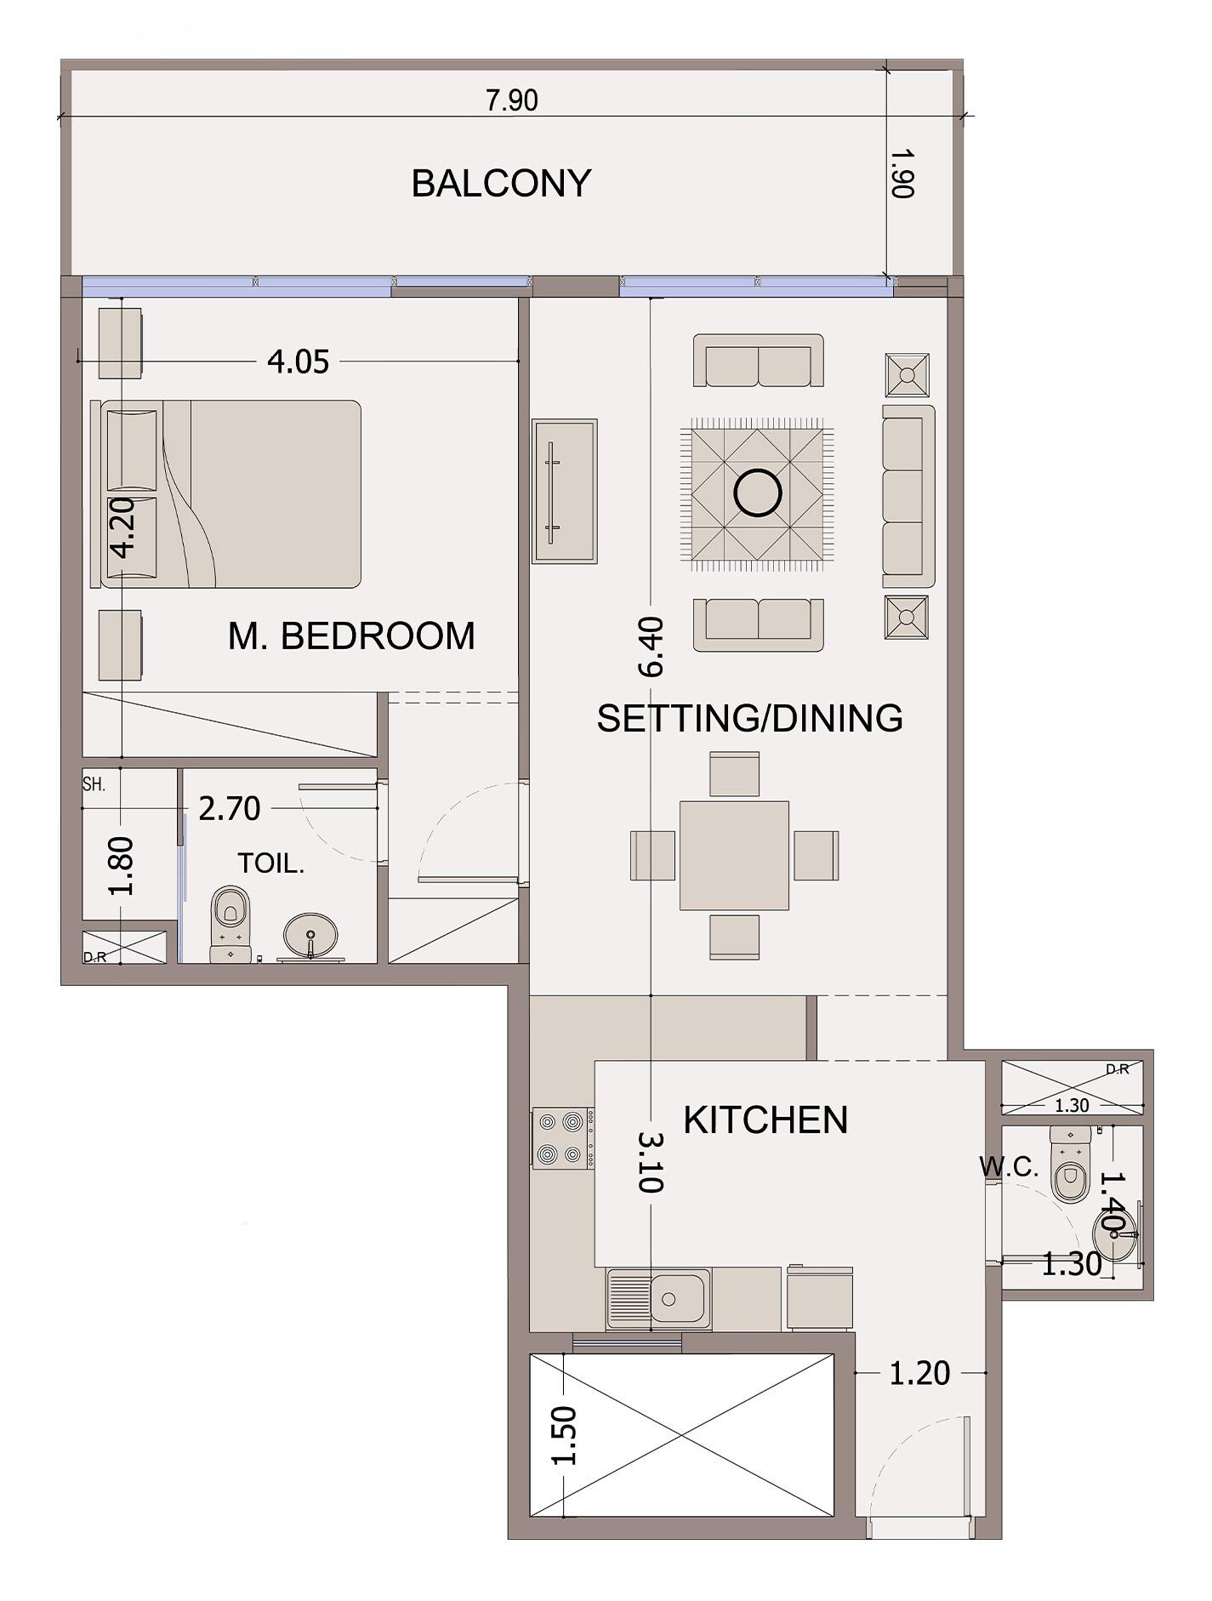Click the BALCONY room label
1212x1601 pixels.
click(501, 184)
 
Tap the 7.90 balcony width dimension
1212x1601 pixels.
click(512, 100)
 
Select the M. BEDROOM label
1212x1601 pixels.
click(351, 636)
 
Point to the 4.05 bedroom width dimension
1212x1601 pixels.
click(298, 362)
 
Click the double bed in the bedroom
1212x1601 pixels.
click(226, 494)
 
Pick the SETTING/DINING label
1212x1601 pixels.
click(749, 719)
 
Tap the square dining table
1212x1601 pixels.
click(734, 856)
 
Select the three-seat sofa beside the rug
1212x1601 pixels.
click(908, 496)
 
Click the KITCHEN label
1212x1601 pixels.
click(765, 1120)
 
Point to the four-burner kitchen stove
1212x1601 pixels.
click(562, 1138)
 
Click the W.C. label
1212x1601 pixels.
click(1009, 1167)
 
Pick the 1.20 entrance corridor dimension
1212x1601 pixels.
click(919, 1373)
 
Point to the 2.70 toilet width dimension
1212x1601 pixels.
click(230, 808)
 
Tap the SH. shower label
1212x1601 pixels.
click(94, 784)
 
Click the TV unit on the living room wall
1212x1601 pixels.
click(565, 491)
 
